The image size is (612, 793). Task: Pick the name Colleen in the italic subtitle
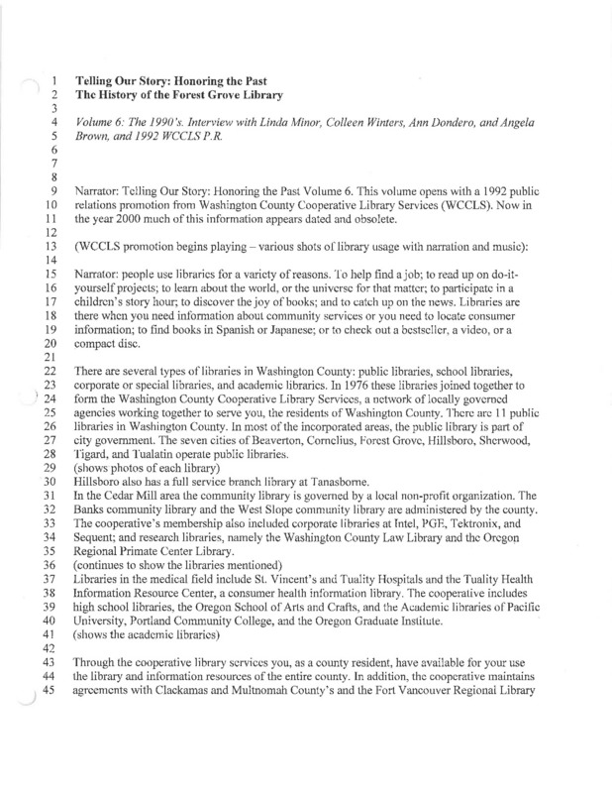pos(322,120)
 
